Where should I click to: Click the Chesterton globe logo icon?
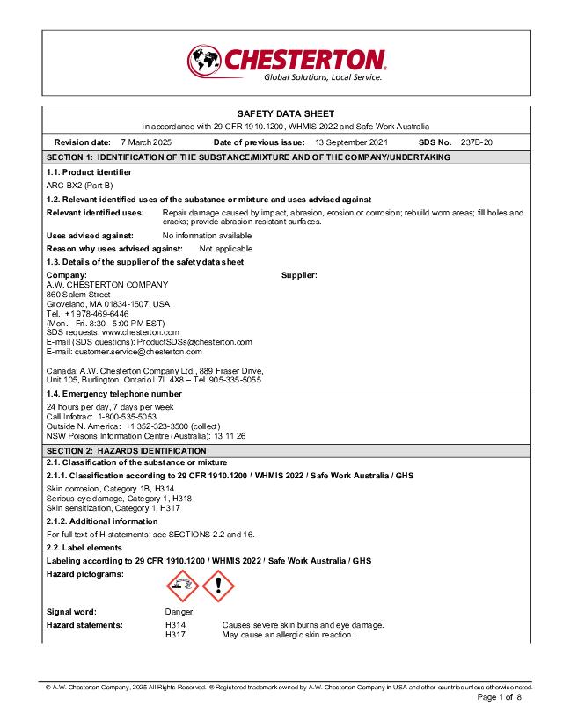coord(203,62)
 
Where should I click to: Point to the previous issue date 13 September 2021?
coord(351,142)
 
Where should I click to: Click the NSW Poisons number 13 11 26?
coord(229,435)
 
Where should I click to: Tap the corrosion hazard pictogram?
coord(182,585)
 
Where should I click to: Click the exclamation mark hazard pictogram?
coord(218,585)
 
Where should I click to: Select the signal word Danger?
coord(179,612)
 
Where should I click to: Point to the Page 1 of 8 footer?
coord(499,697)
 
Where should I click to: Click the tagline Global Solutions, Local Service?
coord(323,77)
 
